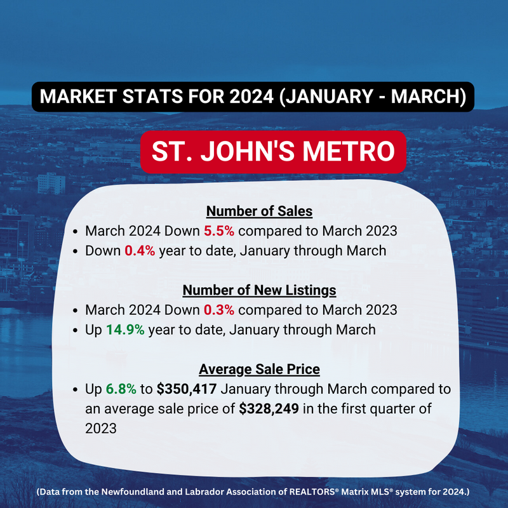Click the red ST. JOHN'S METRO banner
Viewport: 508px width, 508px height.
[273, 152]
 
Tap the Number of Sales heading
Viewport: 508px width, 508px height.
[259, 211]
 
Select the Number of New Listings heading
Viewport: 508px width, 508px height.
[259, 290]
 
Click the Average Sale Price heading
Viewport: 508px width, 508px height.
[259, 370]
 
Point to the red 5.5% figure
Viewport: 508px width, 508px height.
[219, 231]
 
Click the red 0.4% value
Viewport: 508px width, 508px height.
[140, 251]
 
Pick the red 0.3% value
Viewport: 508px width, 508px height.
[219, 310]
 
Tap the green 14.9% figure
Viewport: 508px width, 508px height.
[125, 330]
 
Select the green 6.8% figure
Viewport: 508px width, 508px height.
[121, 389]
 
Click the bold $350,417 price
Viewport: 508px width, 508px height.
[187, 389]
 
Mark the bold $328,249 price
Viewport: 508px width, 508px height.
[269, 409]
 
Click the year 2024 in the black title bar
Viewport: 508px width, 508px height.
[251, 97]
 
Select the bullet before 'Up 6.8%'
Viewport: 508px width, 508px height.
[76, 389]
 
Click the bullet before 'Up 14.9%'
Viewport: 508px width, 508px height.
[76, 330]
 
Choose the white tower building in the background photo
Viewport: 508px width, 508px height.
[51, 184]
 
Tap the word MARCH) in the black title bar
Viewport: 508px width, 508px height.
[429, 97]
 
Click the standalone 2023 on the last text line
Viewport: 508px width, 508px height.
[101, 429]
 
